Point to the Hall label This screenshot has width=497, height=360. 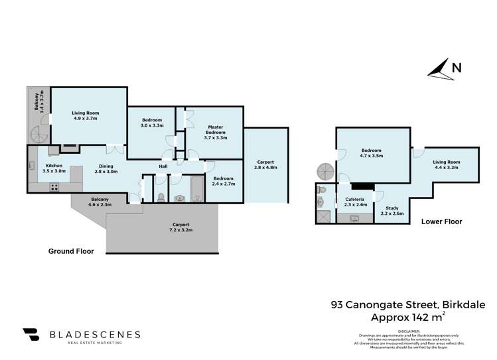click(x=163, y=166)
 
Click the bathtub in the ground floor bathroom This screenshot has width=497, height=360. click(x=197, y=189)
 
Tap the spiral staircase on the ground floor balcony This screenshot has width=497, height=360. click(x=37, y=135)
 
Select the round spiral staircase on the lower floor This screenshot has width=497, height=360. click(x=325, y=171)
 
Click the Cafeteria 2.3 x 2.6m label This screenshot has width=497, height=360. click(x=356, y=202)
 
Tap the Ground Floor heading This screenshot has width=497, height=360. click(x=71, y=251)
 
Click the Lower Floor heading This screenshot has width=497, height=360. click(x=441, y=221)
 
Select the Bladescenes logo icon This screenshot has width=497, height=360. click(x=31, y=335)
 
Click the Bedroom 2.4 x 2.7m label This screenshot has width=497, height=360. click(x=222, y=180)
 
